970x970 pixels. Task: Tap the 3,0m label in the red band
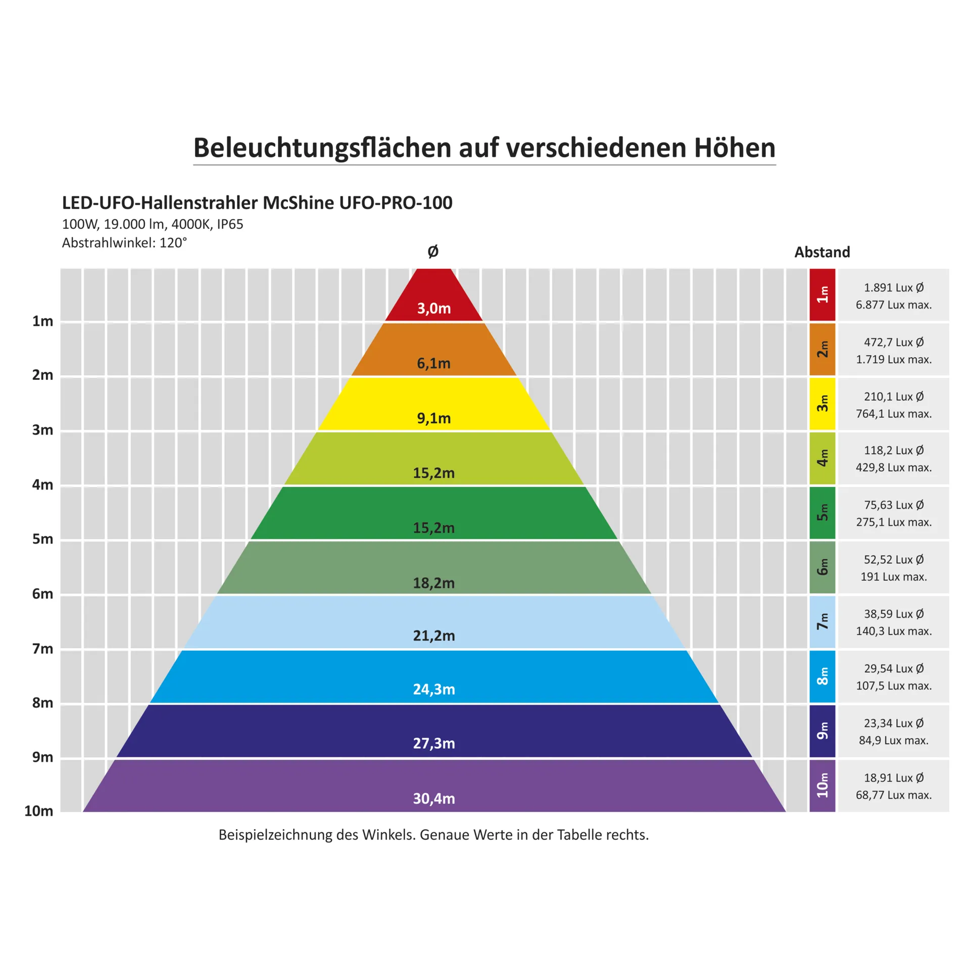point(433,308)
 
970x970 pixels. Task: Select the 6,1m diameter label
point(433,363)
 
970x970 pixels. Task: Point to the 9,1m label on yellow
point(433,418)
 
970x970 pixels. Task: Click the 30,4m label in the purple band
point(433,798)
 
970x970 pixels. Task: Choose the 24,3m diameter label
point(433,689)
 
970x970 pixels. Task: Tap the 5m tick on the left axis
point(42,539)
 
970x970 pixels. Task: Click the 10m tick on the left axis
point(38,811)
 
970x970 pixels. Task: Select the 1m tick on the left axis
point(42,321)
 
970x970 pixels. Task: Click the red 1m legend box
point(822,295)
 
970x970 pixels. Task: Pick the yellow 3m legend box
point(822,404)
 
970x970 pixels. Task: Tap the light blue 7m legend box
point(822,622)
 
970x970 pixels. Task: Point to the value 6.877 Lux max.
point(893,305)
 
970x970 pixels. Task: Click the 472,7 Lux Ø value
point(893,342)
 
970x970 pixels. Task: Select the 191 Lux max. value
point(893,576)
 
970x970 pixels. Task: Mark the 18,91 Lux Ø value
point(893,778)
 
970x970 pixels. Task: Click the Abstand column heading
point(822,252)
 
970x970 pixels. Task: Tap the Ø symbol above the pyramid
point(433,251)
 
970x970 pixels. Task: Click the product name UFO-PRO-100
point(396,203)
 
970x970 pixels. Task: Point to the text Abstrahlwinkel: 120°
point(124,243)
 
